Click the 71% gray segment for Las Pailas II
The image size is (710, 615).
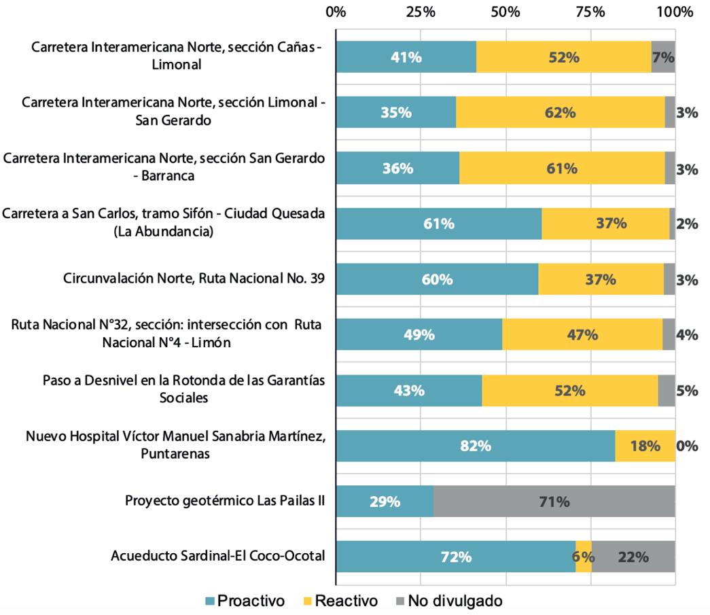pos(554,502)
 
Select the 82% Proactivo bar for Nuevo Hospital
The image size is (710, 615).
pos(475,446)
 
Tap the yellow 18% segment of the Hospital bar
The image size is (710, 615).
pos(645,446)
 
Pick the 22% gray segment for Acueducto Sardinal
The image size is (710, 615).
pos(633,557)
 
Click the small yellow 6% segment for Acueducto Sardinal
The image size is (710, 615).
pos(584,557)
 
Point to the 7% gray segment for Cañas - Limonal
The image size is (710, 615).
pos(663,57)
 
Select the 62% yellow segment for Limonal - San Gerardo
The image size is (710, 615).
pos(560,113)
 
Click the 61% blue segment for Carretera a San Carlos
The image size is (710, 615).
pos(439,224)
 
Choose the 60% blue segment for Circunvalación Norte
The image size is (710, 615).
pos(437,279)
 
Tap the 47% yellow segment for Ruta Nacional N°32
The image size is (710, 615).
pos(582,335)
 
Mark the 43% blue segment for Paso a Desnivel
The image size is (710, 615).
pos(409,391)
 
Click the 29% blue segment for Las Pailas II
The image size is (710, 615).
pos(385,502)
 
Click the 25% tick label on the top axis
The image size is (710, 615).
pos(421,12)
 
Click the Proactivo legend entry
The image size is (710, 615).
pos(245,601)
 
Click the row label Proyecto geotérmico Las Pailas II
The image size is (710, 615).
pos(224,501)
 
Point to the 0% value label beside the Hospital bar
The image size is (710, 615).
pos(686,446)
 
